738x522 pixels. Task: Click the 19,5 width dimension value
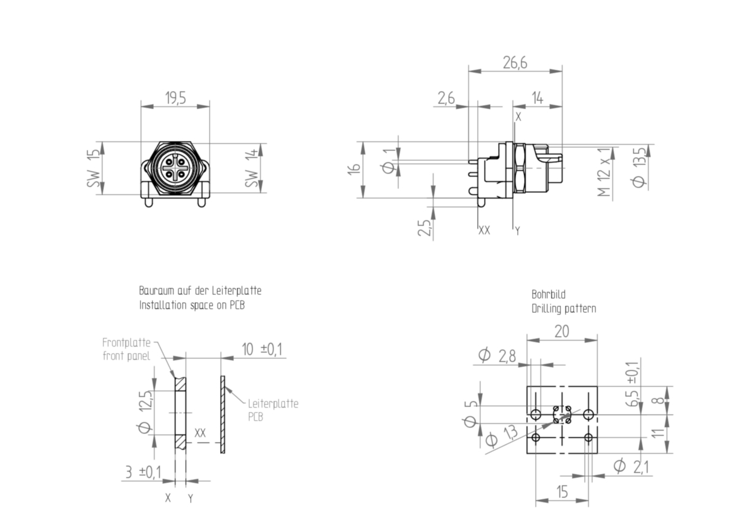coord(176,98)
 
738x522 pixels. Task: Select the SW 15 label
coord(93,168)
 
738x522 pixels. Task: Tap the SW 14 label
coord(252,168)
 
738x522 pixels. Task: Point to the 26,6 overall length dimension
coord(515,63)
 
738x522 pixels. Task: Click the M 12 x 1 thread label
coord(604,172)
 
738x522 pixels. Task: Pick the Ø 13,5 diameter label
coord(638,167)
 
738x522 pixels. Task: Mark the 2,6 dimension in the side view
coord(446,98)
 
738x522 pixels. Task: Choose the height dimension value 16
coord(354,169)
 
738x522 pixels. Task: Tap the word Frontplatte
coord(126,343)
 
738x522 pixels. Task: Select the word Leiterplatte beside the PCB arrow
coord(273,404)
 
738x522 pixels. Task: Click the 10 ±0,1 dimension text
coord(262,349)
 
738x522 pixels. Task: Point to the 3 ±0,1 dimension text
coord(143,472)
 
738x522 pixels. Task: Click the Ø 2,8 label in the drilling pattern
coord(497,356)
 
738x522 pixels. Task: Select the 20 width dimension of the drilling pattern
coord(561,331)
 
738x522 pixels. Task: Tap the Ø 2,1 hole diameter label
coord(632,466)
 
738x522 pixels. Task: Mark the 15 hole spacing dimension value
coord(562,492)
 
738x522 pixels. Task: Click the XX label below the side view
coord(485,230)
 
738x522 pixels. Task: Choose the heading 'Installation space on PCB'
coord(192,305)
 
